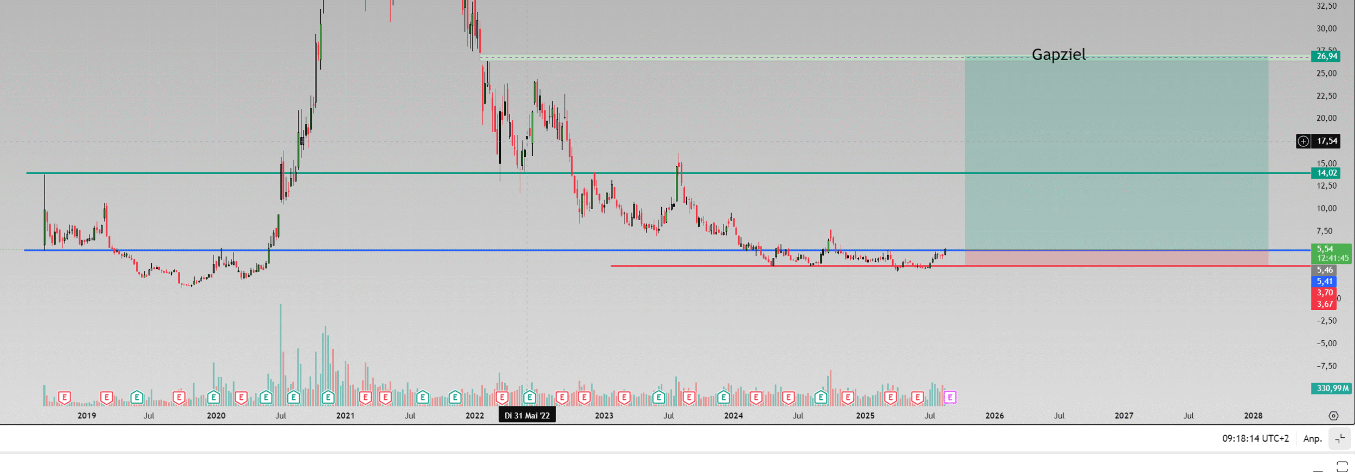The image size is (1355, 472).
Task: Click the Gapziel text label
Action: [x=1059, y=55]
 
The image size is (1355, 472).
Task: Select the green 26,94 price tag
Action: [x=1327, y=56]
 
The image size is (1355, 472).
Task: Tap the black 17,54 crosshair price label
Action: [x=1327, y=141]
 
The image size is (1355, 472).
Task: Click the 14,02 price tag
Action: [x=1327, y=173]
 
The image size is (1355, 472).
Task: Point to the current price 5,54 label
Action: [x=1325, y=249]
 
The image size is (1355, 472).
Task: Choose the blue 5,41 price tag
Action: [x=1324, y=281]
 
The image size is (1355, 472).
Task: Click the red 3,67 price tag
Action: [x=1324, y=304]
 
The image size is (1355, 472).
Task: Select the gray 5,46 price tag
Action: [x=1324, y=270]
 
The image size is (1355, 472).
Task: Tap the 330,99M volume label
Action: [x=1332, y=388]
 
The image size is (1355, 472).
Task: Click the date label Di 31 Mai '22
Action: [x=527, y=416]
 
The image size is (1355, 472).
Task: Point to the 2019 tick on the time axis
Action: [x=87, y=416]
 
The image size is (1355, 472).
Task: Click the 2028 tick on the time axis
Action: [x=1253, y=416]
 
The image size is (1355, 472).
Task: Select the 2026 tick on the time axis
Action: [x=994, y=416]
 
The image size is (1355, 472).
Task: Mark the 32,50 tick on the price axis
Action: [x=1327, y=6]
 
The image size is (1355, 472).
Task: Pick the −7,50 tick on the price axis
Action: [x=1327, y=366]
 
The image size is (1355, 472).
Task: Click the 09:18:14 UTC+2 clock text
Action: [x=1255, y=438]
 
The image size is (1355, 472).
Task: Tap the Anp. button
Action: [x=1312, y=438]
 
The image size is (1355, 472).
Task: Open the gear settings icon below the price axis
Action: [x=1333, y=416]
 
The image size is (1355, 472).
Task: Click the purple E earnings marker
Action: [x=950, y=397]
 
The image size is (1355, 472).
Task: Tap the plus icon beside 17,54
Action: [x=1304, y=141]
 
